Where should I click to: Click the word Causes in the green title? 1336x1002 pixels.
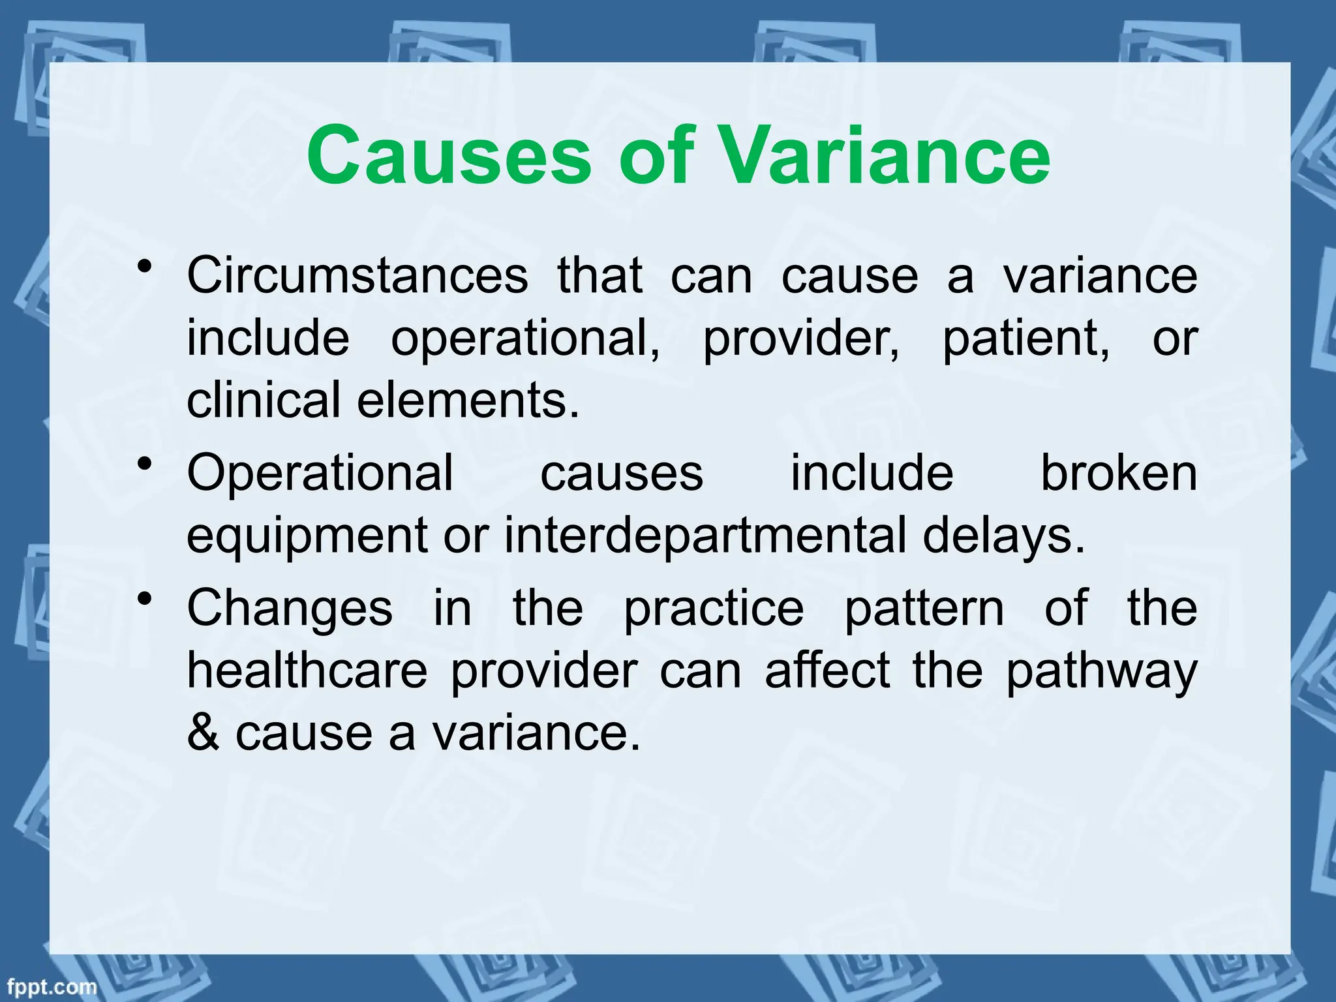coord(448,156)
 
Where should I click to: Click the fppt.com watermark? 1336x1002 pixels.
coord(49,987)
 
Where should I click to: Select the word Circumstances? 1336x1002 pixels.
coord(357,275)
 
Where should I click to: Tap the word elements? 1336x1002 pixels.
coord(468,400)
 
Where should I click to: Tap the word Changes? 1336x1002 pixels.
coord(290,607)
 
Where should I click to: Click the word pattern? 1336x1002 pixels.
coord(924,607)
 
